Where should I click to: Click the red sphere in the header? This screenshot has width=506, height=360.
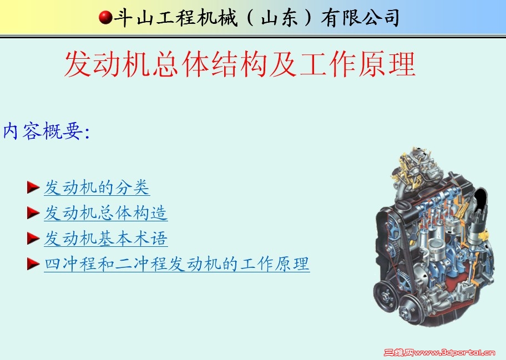click(x=105, y=17)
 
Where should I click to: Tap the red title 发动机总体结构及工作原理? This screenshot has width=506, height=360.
click(x=240, y=64)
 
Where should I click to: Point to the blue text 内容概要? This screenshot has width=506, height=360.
click(x=46, y=131)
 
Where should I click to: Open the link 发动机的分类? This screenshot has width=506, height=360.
click(x=97, y=187)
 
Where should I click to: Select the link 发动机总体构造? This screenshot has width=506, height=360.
click(x=106, y=213)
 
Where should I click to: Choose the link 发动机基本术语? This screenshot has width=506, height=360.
click(x=106, y=239)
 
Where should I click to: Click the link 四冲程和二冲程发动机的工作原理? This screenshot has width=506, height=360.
click(x=177, y=264)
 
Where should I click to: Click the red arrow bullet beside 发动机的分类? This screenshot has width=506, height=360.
click(x=33, y=187)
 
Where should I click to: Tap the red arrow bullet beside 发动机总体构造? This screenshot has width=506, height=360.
click(x=33, y=213)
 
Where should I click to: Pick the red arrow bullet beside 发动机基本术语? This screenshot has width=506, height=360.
click(x=33, y=239)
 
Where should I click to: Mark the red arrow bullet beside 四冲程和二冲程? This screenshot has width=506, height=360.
click(x=33, y=264)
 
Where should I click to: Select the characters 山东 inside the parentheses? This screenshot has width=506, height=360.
click(x=280, y=18)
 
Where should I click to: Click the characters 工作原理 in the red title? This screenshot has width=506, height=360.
click(x=357, y=64)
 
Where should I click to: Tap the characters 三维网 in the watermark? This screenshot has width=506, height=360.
click(x=398, y=353)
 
